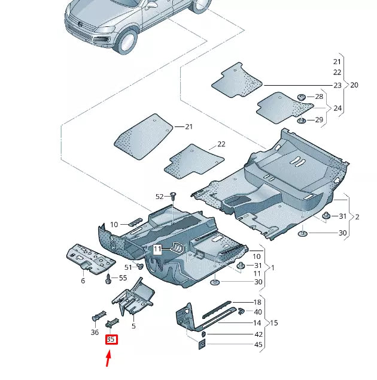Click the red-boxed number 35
111,339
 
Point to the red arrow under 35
109,358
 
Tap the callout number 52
159,197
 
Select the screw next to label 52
172,195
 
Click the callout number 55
123,278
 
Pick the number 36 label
95,331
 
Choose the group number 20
354,85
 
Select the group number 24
338,108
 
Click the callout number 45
258,345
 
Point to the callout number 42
258,334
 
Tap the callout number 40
258,312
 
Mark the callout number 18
258,302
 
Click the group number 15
274,323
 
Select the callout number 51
128,267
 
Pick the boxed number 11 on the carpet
157,248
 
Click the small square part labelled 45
202,344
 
